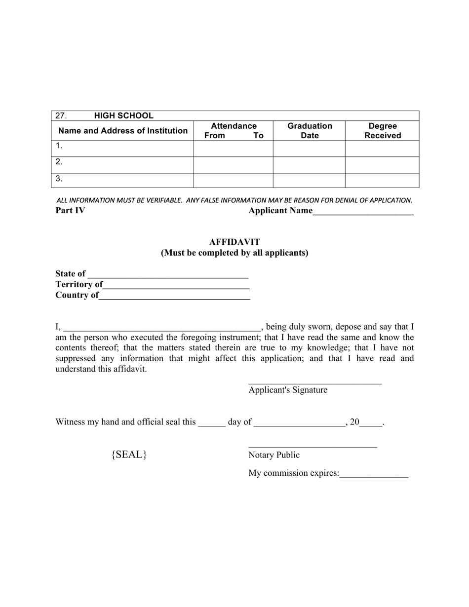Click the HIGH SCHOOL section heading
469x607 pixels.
tap(123, 116)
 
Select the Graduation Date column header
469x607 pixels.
tap(310, 131)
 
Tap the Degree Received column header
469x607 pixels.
tap(383, 131)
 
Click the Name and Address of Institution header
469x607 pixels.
tap(123, 131)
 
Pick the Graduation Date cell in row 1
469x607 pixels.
tap(309, 149)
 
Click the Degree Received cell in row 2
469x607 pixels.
tap(382, 165)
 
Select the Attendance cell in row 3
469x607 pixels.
tap(233, 181)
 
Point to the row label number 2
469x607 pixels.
tap(59, 162)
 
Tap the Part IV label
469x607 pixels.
tap(70, 211)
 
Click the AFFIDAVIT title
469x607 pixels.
tap(234, 242)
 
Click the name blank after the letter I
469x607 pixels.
tap(161, 328)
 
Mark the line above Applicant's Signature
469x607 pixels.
tap(315, 382)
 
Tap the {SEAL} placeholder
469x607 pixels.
tap(129, 455)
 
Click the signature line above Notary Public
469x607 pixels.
tap(313, 447)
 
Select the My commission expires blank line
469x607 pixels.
tap(374, 475)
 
